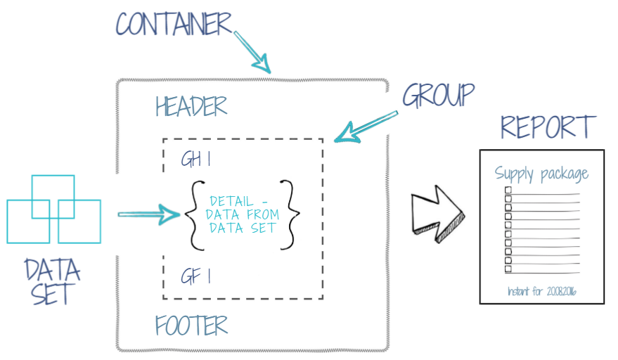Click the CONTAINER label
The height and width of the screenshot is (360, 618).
pyautogui.click(x=174, y=23)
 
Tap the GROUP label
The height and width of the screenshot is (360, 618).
pyautogui.click(x=438, y=95)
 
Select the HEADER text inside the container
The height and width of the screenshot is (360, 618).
pyautogui.click(x=191, y=106)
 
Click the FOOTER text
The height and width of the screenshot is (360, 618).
pyautogui.click(x=191, y=326)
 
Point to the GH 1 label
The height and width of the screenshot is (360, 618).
pyautogui.click(x=196, y=160)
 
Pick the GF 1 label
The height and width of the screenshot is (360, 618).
pyautogui.click(x=195, y=276)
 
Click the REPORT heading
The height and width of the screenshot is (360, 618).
pyautogui.click(x=548, y=127)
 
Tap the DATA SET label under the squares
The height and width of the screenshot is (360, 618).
pyautogui.click(x=52, y=281)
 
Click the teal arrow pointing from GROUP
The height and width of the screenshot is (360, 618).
pyautogui.click(x=366, y=124)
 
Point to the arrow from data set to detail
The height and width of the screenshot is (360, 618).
pyautogui.click(x=149, y=214)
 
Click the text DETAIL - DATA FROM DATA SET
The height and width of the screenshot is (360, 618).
pyautogui.click(x=240, y=214)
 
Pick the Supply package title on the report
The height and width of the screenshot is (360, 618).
pyautogui.click(x=541, y=174)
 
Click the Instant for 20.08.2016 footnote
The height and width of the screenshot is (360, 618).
pyautogui.click(x=541, y=290)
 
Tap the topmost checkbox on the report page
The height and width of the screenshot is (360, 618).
pyautogui.click(x=508, y=190)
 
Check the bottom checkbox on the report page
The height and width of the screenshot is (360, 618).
pyautogui.click(x=508, y=269)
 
